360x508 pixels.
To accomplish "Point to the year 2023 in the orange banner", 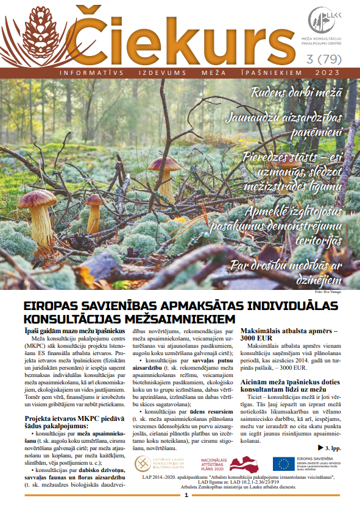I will tap(332, 72).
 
